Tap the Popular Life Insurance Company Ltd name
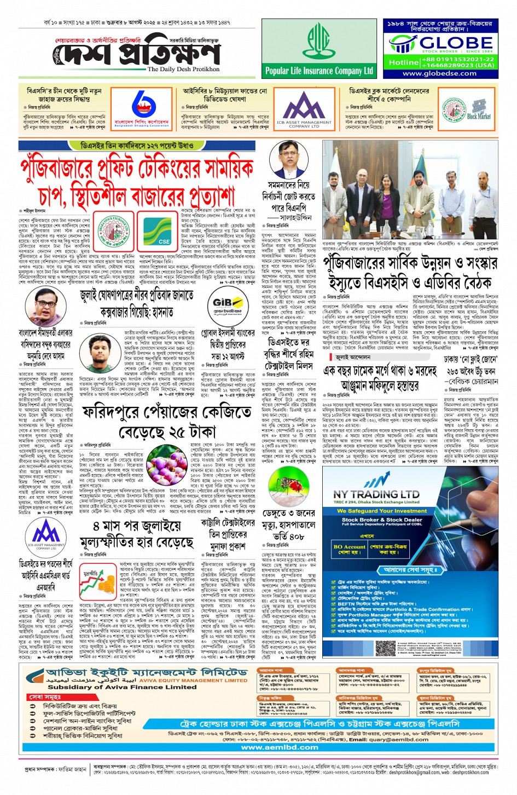coord(319,71)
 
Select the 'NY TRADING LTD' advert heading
coord(376,494)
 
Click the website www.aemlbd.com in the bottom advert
coord(280,747)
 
